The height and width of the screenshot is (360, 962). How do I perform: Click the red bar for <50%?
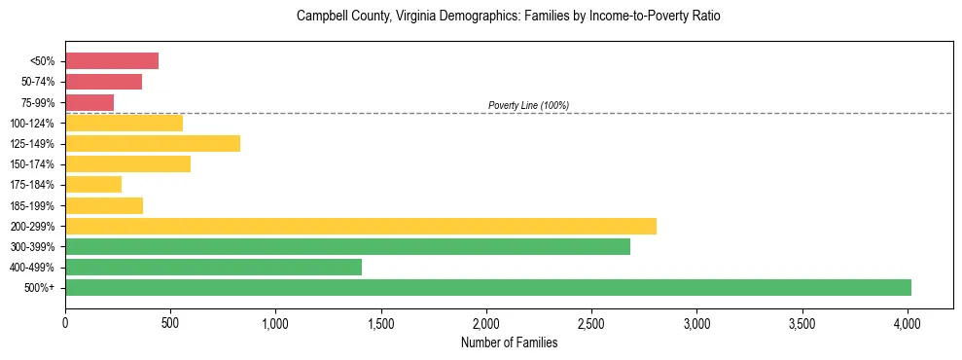[x=112, y=61]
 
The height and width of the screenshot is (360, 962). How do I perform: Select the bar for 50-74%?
[x=103, y=82]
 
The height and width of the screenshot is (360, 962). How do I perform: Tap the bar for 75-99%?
[x=89, y=102]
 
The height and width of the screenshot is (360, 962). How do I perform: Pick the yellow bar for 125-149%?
[x=153, y=143]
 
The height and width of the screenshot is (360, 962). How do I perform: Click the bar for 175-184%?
[x=93, y=185]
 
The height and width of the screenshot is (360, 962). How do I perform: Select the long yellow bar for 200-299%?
[x=361, y=226]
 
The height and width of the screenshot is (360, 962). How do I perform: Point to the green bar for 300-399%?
[x=347, y=246]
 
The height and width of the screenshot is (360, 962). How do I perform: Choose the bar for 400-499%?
[x=213, y=267]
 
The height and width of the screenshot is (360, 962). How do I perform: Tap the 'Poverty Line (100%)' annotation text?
[x=528, y=105]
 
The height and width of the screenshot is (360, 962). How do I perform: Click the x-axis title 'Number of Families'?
[x=509, y=342]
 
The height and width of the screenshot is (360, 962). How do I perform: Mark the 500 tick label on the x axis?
[x=170, y=321]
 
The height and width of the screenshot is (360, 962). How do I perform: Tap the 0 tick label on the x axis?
[x=65, y=321]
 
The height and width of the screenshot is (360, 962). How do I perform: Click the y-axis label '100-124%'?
[x=32, y=124]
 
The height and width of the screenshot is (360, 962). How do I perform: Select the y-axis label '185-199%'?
[x=32, y=205]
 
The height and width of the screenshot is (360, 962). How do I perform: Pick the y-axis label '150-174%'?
[x=32, y=164]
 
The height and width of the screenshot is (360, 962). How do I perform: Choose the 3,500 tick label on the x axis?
[x=802, y=321]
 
